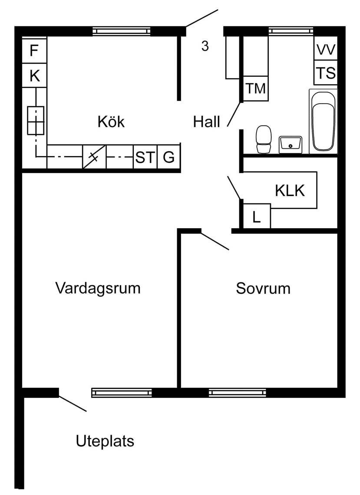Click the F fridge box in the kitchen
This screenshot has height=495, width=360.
tap(34, 50)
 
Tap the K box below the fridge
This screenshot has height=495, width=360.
tap(34, 75)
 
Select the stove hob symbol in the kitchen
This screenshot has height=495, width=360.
tap(36, 121)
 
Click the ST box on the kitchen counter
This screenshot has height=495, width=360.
tap(145, 157)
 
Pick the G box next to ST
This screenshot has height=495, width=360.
tap(169, 157)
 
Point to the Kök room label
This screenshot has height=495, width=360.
tap(111, 121)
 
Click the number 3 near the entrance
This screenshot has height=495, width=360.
tap(205, 46)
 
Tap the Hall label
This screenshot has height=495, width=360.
tap(206, 121)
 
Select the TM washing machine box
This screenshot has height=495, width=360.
tap(256, 89)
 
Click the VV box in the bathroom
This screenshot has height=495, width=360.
tap(326, 49)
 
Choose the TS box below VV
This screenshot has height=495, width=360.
tap(326, 72)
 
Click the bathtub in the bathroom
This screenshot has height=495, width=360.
tap(324, 121)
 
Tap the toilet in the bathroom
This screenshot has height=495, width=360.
tap(264, 139)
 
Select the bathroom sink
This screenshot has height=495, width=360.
tap(291, 144)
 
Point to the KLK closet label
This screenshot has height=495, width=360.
tap(290, 191)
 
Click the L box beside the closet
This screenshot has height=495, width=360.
tap(257, 216)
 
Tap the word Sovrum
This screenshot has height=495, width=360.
tap(263, 288)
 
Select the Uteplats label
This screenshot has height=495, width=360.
tap(105, 441)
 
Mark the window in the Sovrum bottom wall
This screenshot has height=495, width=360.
tap(238, 393)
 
